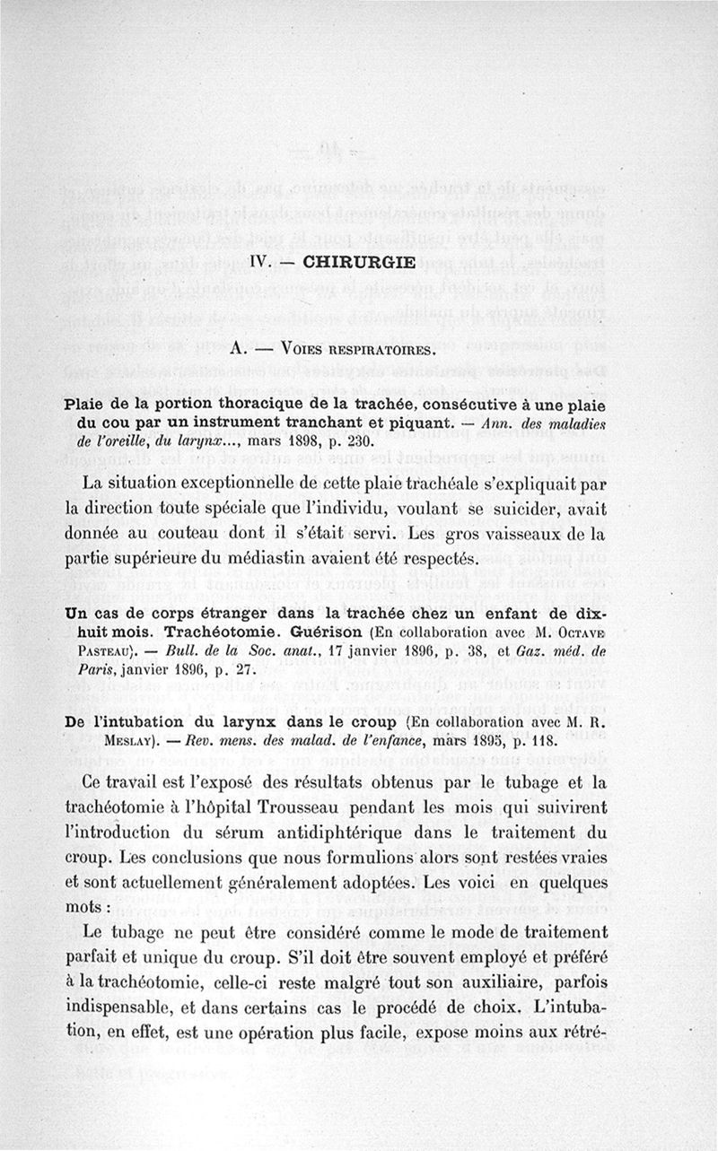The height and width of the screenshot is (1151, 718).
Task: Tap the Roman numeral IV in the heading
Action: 260,264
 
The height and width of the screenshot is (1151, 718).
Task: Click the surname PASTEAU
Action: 100,646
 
